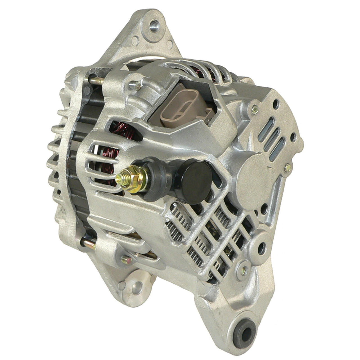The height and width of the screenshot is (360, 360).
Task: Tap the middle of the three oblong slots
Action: (x=271, y=140)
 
